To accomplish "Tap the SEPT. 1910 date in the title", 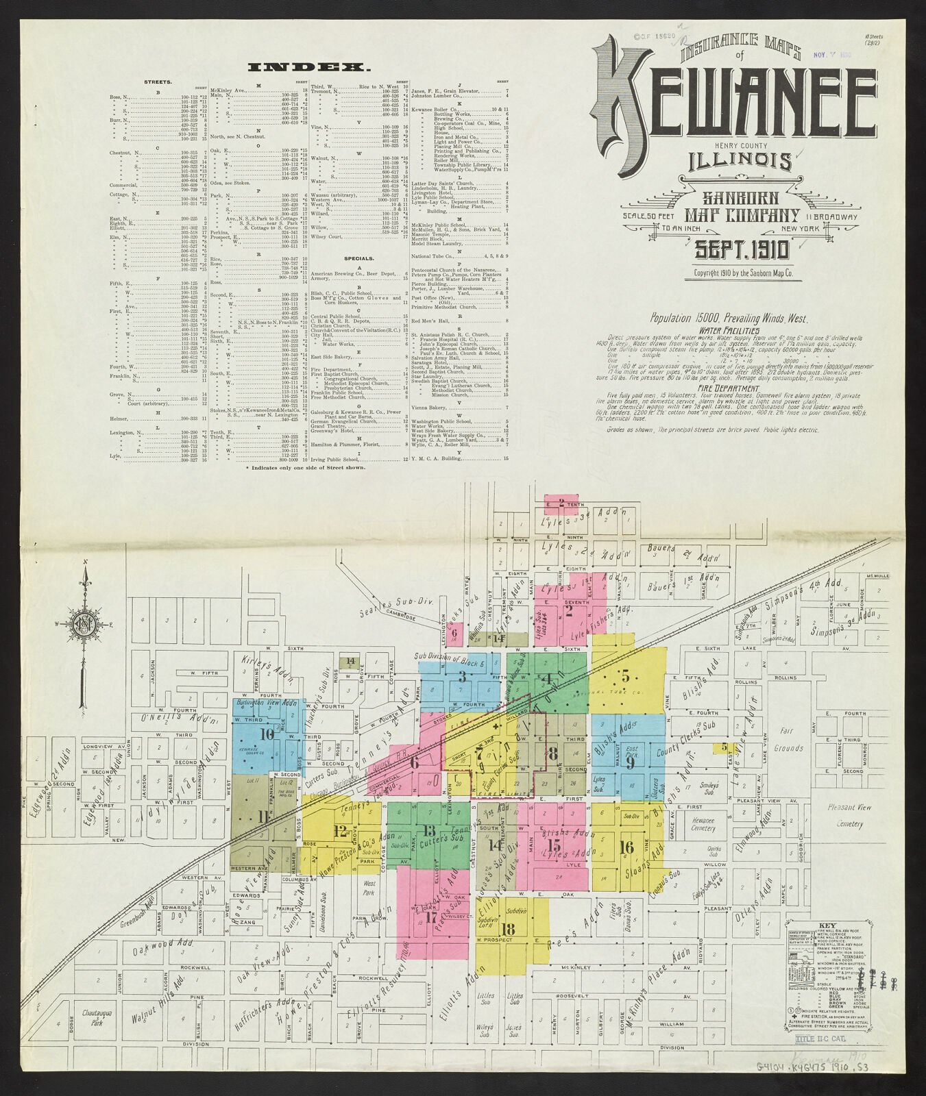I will click(742, 250).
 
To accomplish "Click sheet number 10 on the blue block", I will click(267, 734).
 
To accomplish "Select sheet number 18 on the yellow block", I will click(508, 929).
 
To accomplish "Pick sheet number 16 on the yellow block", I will click(626, 847).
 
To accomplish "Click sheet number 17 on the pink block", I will click(431, 917).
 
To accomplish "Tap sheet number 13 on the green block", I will click(429, 831).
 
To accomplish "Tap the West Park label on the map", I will click(369, 888).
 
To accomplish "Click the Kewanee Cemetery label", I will click(703, 824).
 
